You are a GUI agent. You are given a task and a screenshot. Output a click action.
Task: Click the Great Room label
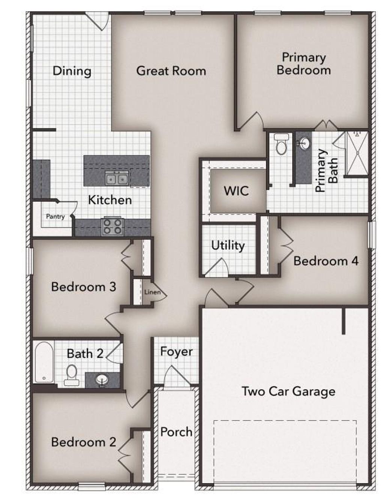(171, 71)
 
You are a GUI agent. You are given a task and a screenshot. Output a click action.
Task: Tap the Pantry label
(55, 216)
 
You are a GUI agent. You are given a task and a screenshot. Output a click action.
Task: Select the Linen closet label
(152, 292)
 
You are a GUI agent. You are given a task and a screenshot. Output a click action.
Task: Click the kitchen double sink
(116, 178)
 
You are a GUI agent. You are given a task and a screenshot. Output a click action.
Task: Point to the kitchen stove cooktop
(112, 227)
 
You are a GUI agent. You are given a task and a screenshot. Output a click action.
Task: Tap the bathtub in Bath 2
(44, 362)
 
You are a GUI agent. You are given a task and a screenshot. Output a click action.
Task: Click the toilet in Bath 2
(72, 376)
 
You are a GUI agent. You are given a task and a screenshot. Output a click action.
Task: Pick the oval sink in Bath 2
(102, 380)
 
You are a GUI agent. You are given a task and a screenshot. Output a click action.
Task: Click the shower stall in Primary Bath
(357, 153)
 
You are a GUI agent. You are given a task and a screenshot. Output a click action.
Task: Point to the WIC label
(236, 191)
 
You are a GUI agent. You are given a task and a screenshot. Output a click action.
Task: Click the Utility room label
(228, 246)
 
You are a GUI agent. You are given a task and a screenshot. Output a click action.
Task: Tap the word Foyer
(176, 352)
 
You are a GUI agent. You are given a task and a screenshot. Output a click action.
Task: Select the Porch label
(176, 432)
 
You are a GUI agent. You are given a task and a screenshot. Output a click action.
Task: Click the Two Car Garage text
(289, 391)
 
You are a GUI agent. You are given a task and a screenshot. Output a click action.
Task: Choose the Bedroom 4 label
(326, 261)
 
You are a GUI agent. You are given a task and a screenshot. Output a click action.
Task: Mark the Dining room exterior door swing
(97, 22)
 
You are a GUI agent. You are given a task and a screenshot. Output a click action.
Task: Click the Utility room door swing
(217, 267)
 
